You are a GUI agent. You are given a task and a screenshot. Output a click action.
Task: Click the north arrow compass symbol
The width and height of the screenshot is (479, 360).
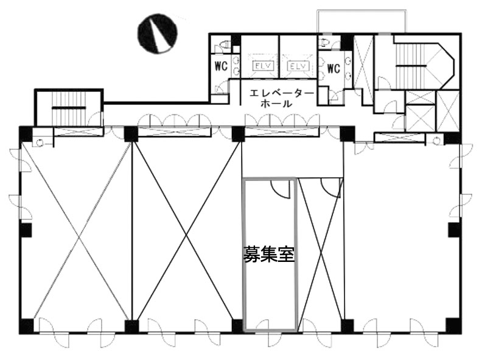[x=158, y=34]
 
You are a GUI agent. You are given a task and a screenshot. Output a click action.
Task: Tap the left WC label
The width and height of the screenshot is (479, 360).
[x=221, y=66]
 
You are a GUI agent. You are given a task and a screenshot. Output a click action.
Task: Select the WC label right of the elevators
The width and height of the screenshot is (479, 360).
[x=334, y=68]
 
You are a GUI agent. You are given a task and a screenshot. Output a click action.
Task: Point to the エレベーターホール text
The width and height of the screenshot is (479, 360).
[x=277, y=99]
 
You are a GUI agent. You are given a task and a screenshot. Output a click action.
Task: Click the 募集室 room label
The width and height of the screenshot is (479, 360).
[x=269, y=254]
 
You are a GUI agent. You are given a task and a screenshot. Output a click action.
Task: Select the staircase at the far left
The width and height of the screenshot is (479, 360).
[x=69, y=108]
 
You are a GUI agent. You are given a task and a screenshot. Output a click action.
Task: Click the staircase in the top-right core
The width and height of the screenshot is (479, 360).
[x=411, y=65]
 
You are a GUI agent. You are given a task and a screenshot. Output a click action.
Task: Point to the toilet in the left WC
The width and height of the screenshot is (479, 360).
[x=224, y=45]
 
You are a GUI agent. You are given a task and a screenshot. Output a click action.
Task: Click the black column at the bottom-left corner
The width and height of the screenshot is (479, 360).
[x=26, y=326]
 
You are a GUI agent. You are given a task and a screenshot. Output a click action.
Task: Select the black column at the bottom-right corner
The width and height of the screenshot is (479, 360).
[x=453, y=325]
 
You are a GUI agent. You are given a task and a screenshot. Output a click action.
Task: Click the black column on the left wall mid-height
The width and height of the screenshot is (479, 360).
[x=26, y=230]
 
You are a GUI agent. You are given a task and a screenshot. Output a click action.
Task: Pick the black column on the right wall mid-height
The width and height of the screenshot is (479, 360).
[x=454, y=230]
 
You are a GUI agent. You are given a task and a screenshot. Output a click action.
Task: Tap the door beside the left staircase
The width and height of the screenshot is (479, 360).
[x=96, y=119]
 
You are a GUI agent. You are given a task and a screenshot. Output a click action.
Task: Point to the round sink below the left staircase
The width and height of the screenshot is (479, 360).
[x=40, y=142]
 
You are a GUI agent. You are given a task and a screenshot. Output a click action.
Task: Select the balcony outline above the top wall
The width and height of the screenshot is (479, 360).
[x=362, y=21]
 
